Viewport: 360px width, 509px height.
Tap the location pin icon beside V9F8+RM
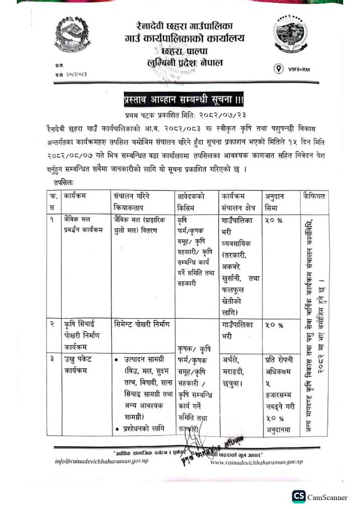278,69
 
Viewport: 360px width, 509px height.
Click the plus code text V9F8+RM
299,69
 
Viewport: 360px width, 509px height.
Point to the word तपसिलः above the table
64,183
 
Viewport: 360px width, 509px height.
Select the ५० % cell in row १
274,220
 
